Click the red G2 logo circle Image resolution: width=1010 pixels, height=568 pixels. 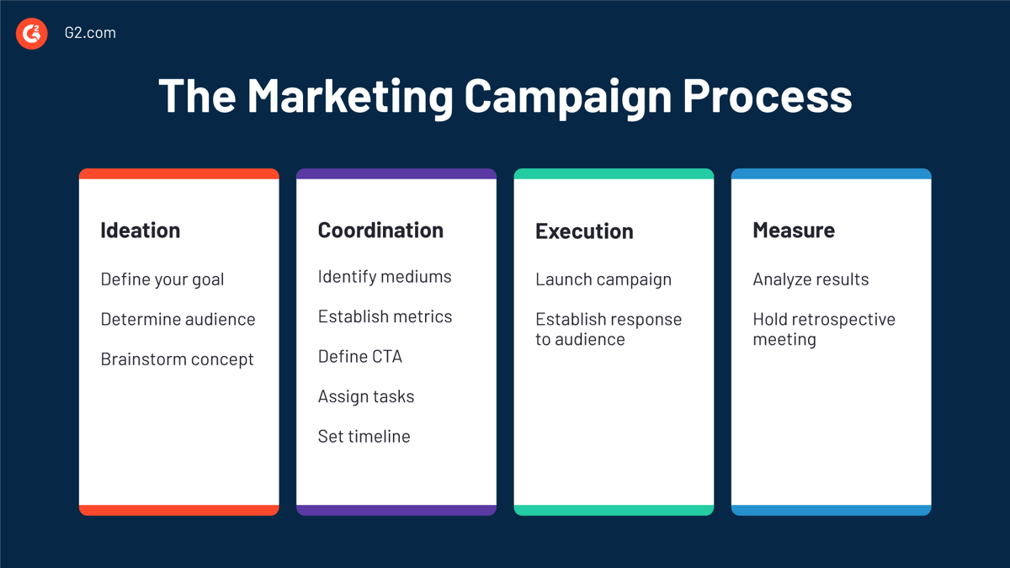click(x=32, y=34)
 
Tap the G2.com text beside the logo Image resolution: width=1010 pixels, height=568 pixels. click(x=90, y=33)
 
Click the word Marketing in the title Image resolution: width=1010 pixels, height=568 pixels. click(x=350, y=97)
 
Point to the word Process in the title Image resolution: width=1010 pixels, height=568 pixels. click(x=767, y=96)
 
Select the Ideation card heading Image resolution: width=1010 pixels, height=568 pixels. click(x=141, y=231)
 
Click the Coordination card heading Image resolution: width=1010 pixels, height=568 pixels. click(x=380, y=231)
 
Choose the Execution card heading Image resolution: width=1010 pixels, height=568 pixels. click(x=584, y=231)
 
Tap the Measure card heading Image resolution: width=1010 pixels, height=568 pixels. click(x=794, y=231)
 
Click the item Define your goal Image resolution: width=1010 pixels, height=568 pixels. click(x=162, y=280)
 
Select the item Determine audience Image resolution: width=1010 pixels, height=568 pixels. click(x=178, y=319)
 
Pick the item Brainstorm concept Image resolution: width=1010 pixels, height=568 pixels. click(x=178, y=360)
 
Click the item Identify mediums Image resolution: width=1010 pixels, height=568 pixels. click(x=385, y=277)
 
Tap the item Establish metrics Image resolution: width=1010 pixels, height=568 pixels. click(x=385, y=316)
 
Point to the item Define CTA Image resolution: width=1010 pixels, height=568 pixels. click(x=360, y=357)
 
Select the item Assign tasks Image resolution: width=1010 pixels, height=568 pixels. click(x=366, y=397)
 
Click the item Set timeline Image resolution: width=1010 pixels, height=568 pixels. click(x=364, y=437)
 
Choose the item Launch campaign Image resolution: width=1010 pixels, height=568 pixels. click(x=603, y=280)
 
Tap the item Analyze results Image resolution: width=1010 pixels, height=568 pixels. click(x=811, y=280)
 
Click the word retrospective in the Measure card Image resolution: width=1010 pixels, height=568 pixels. click(x=843, y=320)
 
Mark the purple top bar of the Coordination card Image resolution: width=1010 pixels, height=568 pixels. click(x=396, y=173)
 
